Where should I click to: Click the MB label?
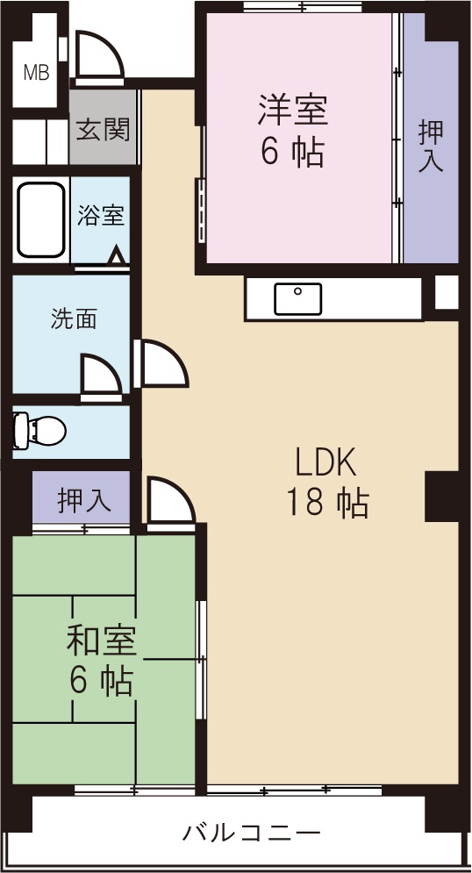pyautogui.click(x=36, y=73)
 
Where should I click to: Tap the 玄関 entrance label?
pyautogui.click(x=103, y=130)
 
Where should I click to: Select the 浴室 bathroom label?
pyautogui.click(x=101, y=216)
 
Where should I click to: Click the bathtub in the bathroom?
pyautogui.click(x=41, y=221)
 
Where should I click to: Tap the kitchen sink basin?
pyautogui.click(x=298, y=299)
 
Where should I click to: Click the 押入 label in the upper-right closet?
pyautogui.click(x=430, y=146)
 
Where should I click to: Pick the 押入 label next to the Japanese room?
pyautogui.click(x=84, y=501)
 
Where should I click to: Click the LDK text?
pyautogui.click(x=325, y=460)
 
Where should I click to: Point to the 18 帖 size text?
pyautogui.click(x=326, y=502)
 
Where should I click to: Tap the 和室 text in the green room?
pyautogui.click(x=101, y=641)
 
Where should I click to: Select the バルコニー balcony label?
pyautogui.click(x=252, y=832)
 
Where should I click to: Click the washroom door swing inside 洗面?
pyautogui.click(x=99, y=377)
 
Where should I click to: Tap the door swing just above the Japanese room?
pyautogui.click(x=168, y=502)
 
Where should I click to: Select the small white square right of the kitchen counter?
pyautogui.click(x=447, y=292)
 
